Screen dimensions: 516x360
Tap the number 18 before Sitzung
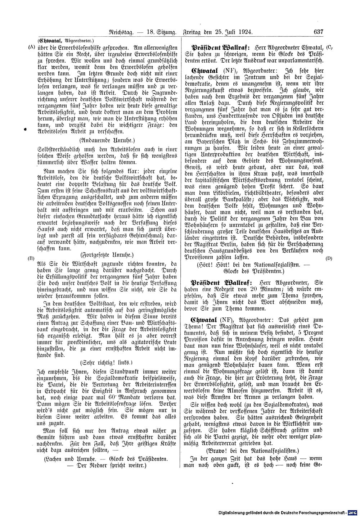tap(151, 32)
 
